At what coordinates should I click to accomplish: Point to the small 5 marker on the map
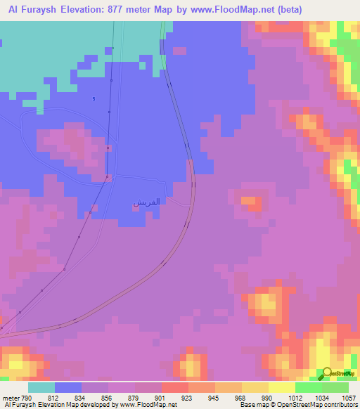pos(93,98)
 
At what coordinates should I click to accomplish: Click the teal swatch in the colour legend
pos(41,387)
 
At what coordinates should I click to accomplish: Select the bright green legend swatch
pos(308,387)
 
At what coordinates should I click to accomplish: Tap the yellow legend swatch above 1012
pos(281,387)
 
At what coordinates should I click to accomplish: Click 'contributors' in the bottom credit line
pos(337,405)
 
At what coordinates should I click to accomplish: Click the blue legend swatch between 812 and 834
pos(68,387)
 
